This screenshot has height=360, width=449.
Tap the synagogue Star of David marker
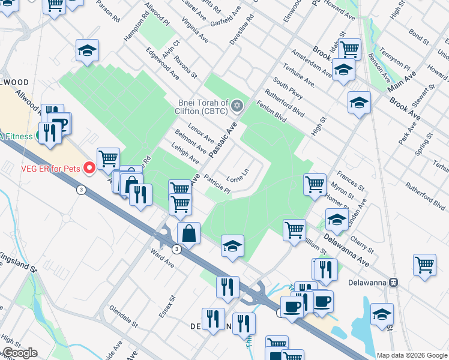click(x=237, y=106)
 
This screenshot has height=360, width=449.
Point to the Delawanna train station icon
click(x=394, y=282)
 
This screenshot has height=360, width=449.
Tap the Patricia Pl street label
click(x=217, y=184)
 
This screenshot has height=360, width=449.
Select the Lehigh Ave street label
click(x=185, y=154)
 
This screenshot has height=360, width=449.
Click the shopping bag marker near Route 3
click(x=189, y=233)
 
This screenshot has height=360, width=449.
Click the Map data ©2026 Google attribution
click(x=412, y=355)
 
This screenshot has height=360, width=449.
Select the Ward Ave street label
click(x=163, y=259)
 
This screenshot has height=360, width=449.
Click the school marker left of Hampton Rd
click(x=88, y=51)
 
